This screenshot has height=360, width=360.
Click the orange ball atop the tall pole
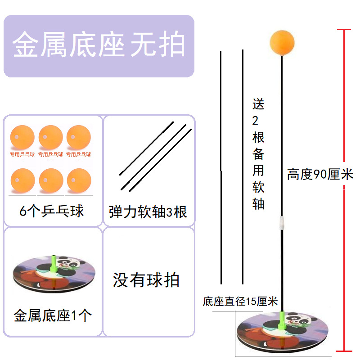[x=282, y=43]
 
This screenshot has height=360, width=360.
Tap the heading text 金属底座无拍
[x=99, y=45]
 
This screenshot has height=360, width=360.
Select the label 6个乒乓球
[x=52, y=211]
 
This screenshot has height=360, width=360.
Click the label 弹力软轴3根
[x=148, y=211]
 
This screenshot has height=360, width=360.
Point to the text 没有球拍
[x=146, y=280]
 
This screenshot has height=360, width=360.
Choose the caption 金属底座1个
[x=53, y=315]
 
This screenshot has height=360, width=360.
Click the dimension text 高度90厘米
[x=320, y=175]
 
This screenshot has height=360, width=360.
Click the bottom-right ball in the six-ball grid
[x=78, y=180]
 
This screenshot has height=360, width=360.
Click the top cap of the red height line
[x=344, y=30]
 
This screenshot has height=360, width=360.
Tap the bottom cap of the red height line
[x=344, y=350]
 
